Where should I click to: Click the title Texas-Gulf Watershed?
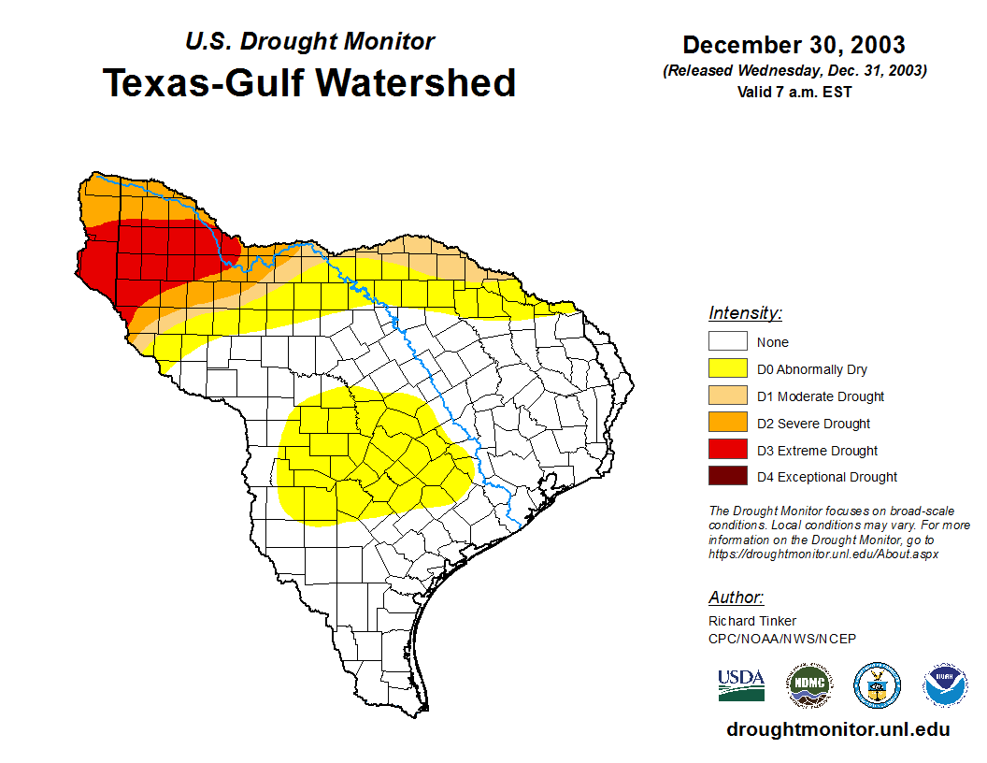coord(309,82)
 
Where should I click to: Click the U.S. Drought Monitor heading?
coord(309,42)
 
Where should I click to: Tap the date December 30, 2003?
coord(794,45)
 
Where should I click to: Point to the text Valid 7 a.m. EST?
coord(794,92)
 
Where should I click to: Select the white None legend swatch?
coord(727,342)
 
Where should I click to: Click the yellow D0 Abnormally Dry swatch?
coord(727,369)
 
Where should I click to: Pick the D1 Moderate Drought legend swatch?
coord(727,396)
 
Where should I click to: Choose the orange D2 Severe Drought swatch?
coord(727,424)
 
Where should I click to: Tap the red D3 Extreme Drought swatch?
coord(727,450)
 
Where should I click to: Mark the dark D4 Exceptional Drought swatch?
coord(727,477)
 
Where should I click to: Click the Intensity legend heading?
coord(745,313)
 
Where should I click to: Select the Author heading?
coord(736,597)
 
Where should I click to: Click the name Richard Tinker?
coord(752,621)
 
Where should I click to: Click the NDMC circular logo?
coord(808,685)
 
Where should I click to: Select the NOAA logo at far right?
coord(945,685)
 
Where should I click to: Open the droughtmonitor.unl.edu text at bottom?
coord(837,730)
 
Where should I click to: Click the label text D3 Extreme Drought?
coord(817,451)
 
